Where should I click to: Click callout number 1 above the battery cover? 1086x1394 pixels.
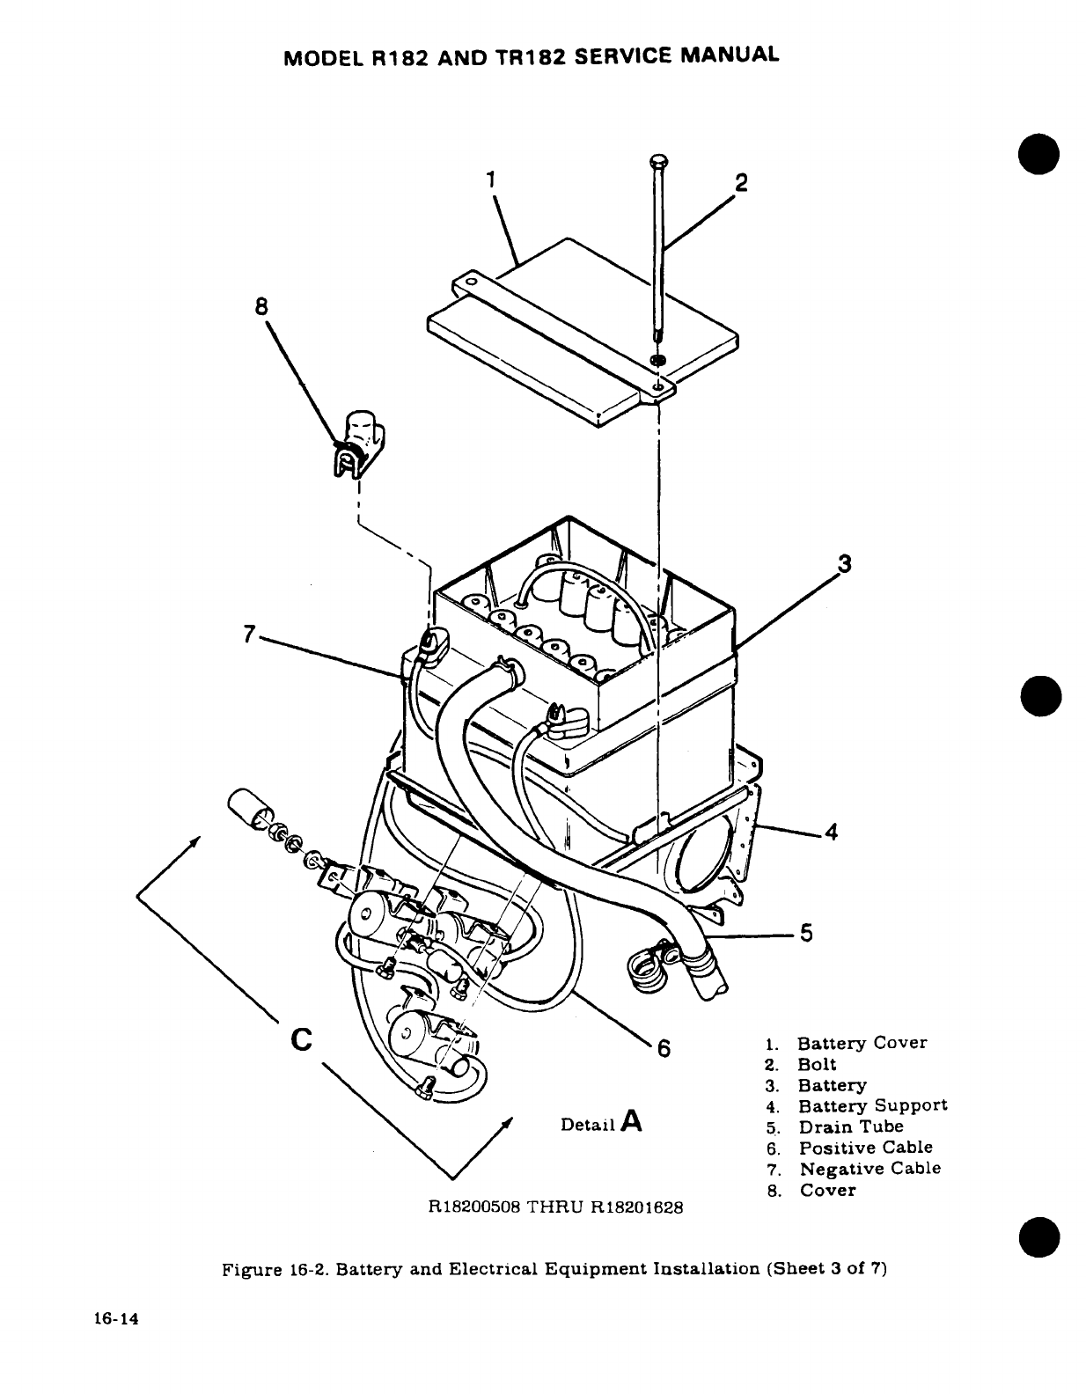point(492,179)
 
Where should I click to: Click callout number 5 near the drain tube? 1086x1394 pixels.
point(805,934)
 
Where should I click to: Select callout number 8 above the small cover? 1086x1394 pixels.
point(260,307)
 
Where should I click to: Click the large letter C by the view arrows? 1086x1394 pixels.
point(300,1039)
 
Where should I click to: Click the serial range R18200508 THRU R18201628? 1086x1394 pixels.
point(554,1207)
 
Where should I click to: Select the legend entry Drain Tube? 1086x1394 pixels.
point(850,1126)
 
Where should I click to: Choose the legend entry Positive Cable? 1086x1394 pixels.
point(865,1148)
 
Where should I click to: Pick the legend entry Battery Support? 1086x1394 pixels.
point(872,1105)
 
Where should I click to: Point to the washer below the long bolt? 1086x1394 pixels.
point(658,360)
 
